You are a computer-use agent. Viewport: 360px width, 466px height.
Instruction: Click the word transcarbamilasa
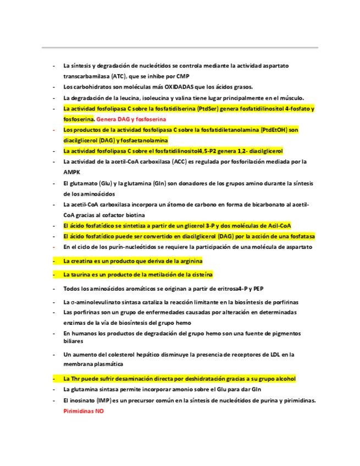(87, 76)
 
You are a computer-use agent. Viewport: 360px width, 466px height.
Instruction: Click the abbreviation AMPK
(72, 172)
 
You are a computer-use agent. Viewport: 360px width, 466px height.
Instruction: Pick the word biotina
(132, 215)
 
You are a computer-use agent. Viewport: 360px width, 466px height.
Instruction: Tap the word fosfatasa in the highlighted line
(300, 236)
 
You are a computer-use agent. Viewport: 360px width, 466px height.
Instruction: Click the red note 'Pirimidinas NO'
(84, 410)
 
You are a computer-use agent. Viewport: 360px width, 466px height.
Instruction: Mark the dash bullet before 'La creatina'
(54, 260)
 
